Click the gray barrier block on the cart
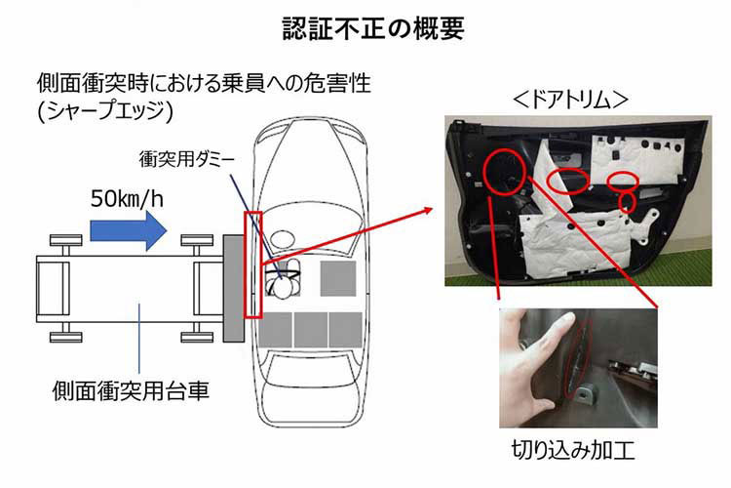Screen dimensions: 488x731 (x=233, y=288)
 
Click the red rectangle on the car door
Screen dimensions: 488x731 (x=253, y=264)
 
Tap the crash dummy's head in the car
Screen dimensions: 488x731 (x=283, y=285)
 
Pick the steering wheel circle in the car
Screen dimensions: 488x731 (x=283, y=237)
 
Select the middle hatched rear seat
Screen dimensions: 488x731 (x=311, y=328)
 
